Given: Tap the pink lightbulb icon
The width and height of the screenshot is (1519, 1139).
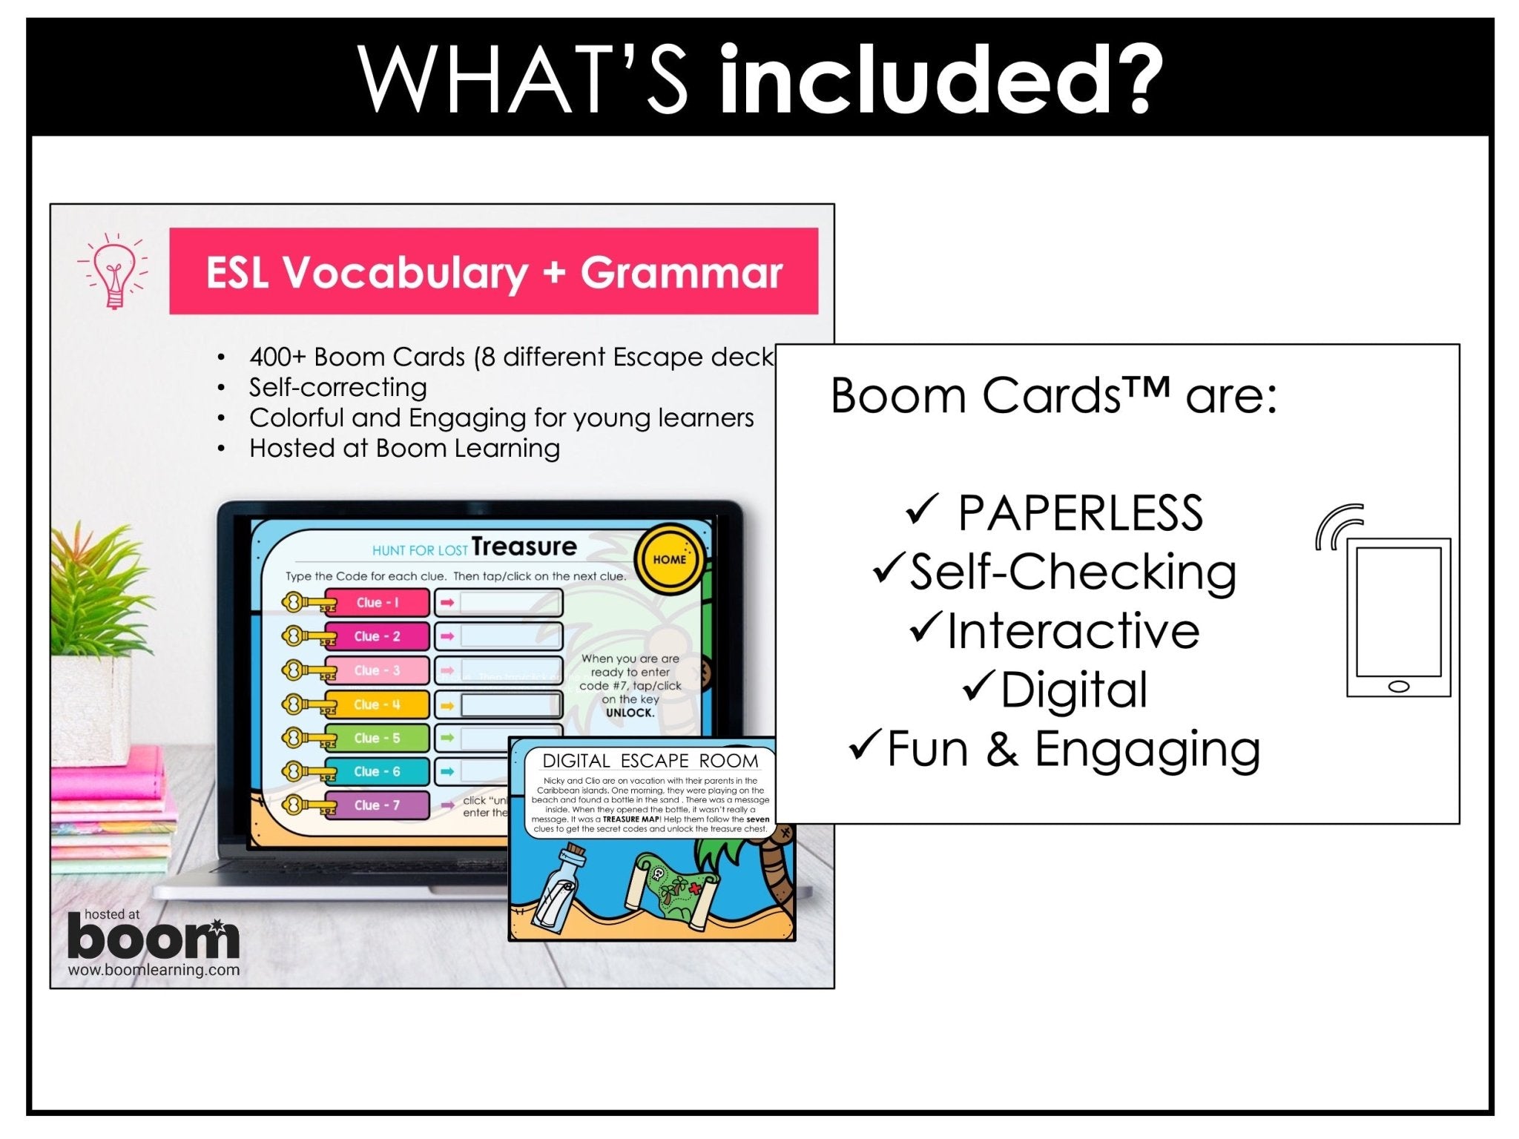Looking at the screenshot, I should click(x=113, y=270).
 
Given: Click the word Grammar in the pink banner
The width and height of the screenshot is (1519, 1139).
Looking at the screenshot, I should click(x=681, y=272).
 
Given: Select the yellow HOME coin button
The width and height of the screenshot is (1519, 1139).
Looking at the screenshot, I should click(x=669, y=559).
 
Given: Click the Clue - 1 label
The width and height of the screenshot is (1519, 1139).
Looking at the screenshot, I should click(x=377, y=602).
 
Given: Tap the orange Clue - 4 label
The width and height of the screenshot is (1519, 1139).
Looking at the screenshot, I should click(x=377, y=704).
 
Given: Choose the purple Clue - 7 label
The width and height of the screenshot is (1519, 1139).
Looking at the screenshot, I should click(x=377, y=805).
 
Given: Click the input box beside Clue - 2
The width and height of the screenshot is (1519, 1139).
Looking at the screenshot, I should click(x=508, y=636).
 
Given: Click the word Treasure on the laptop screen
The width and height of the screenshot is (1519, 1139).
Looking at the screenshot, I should click(x=524, y=547).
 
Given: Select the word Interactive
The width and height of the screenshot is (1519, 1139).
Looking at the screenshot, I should click(x=1072, y=631).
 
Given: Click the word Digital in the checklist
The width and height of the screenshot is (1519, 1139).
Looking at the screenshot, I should click(x=1073, y=690).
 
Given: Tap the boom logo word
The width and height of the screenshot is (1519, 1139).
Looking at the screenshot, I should click(x=153, y=939).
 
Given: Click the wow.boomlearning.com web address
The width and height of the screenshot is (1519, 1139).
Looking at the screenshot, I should click(x=154, y=970).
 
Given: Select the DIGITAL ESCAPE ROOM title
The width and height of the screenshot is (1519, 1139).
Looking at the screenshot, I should click(x=650, y=760).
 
